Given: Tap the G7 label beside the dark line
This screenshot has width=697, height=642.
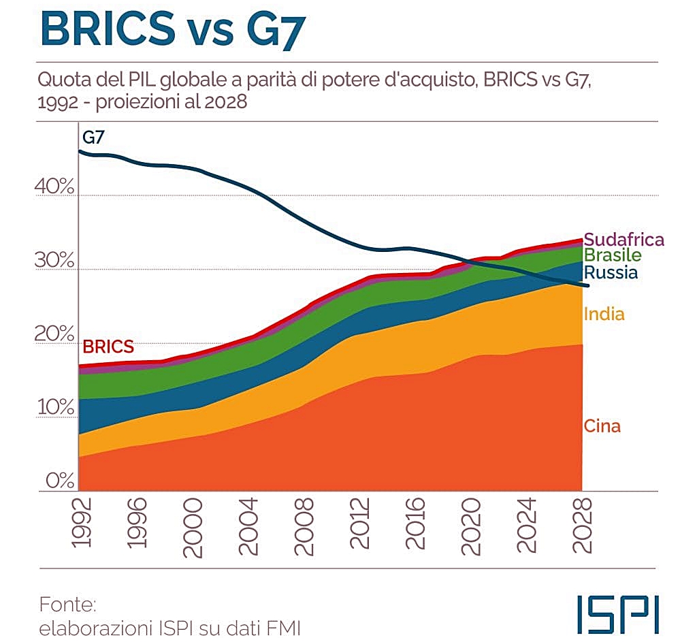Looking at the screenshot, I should point(94,137).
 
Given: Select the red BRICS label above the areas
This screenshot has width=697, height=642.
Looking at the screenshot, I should point(108,347).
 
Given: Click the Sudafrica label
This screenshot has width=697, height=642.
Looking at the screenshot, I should point(623,240).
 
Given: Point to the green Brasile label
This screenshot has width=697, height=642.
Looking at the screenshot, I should point(613,256).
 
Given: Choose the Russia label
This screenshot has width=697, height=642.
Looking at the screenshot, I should point(611,273).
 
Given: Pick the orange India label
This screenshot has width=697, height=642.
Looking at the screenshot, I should point(604,314).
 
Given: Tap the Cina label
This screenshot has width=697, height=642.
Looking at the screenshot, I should point(602,427).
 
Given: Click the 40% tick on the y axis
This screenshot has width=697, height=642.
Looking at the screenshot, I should point(54,186).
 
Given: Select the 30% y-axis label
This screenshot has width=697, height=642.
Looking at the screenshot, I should point(54,260).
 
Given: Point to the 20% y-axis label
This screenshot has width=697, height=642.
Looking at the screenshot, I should point(54,334).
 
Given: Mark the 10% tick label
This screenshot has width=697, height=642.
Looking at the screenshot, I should point(54,407).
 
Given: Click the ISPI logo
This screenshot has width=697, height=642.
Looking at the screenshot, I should point(617,614).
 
